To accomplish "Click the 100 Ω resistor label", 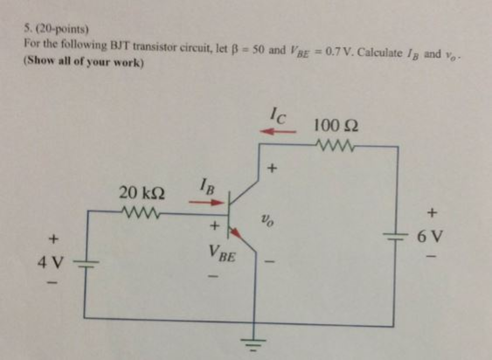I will (x=336, y=126).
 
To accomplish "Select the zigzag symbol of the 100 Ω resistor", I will (x=335, y=144).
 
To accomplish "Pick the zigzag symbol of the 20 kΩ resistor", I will (x=141, y=211).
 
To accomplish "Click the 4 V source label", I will (x=50, y=262).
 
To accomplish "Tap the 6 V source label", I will (x=430, y=236).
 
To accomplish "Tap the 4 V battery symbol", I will (x=86, y=263).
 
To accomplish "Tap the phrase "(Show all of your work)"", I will (x=83, y=62).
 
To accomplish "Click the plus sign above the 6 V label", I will (x=432, y=211).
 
